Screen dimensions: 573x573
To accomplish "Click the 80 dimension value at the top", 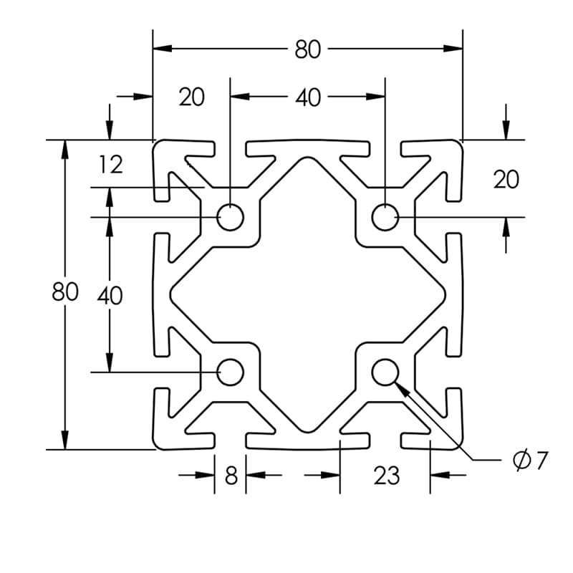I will click(x=308, y=49).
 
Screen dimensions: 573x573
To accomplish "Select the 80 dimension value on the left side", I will click(x=64, y=294).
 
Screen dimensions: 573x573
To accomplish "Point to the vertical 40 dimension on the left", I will click(x=110, y=295).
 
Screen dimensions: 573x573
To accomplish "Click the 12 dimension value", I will click(x=111, y=165).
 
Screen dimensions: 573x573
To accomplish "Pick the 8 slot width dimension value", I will click(x=231, y=475).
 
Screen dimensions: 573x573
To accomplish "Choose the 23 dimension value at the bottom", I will click(x=386, y=475).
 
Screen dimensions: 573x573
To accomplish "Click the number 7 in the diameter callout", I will click(x=541, y=461).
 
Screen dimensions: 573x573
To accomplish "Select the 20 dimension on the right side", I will click(x=506, y=180).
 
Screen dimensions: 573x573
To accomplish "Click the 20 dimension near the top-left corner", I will click(x=191, y=97).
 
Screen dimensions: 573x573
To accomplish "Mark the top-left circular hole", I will click(x=231, y=217).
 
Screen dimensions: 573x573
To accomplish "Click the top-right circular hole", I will click(x=385, y=217).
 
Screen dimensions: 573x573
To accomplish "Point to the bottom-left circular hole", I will click(x=231, y=372).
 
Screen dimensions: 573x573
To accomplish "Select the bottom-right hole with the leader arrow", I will click(x=385, y=372).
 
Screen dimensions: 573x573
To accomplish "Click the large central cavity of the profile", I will click(x=308, y=294).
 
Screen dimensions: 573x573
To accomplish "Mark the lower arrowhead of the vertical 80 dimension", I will click(x=65, y=440).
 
